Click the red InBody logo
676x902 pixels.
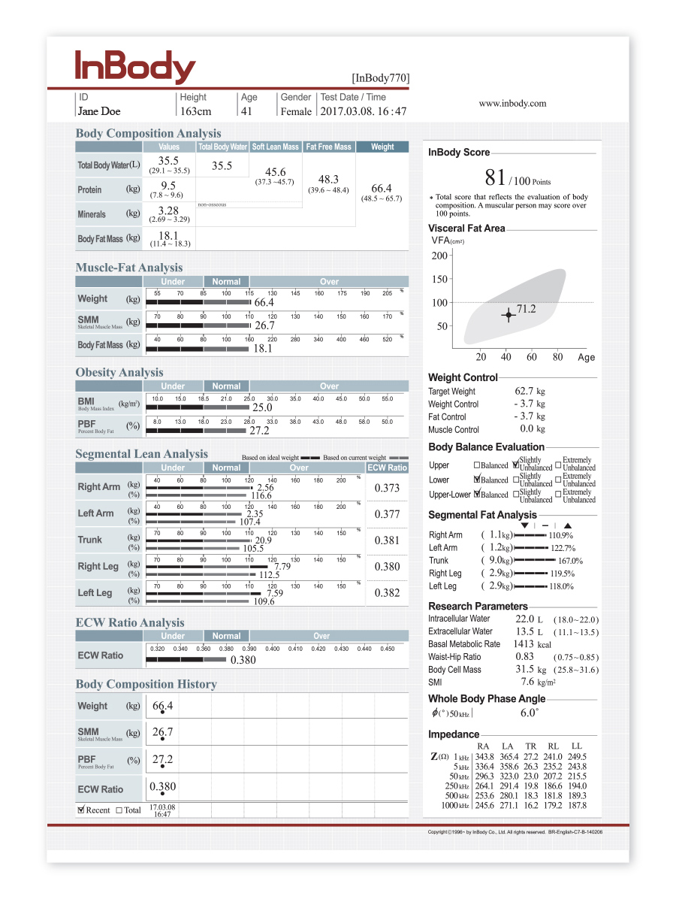[135, 68]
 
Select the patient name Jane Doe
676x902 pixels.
[98, 111]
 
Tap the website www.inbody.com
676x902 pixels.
[512, 104]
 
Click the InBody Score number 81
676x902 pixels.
[495, 178]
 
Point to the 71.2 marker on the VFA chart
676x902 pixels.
[509, 315]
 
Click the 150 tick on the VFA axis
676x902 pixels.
[439, 279]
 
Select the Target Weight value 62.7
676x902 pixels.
[524, 391]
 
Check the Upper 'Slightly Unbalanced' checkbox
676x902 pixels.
[515, 465]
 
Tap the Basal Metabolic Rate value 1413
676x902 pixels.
[523, 644]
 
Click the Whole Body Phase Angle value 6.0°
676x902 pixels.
[529, 713]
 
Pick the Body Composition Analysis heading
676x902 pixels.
[148, 133]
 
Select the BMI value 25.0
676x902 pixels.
[261, 407]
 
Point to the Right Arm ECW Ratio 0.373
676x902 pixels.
[387, 488]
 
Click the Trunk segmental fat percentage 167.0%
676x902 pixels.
[570, 561]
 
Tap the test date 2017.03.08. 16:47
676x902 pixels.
[364, 111]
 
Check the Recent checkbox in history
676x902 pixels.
[81, 810]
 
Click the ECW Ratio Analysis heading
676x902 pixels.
[129, 622]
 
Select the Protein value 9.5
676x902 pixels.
[168, 186]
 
